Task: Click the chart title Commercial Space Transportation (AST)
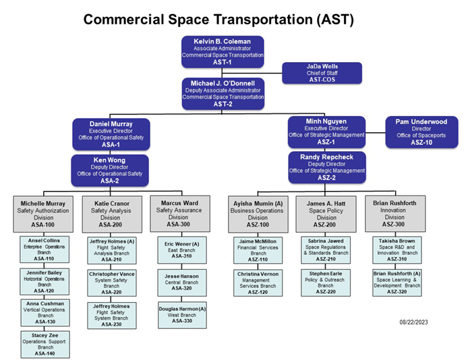pyautogui.click(x=218, y=20)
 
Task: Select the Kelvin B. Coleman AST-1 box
pyautogui.click(x=223, y=52)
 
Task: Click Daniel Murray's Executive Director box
pyautogui.click(x=111, y=134)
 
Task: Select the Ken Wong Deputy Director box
pyautogui.click(x=111, y=170)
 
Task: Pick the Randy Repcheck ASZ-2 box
pyautogui.click(x=326, y=167)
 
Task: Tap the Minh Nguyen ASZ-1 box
pyautogui.click(x=326, y=131)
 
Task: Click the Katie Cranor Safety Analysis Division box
pyautogui.click(x=111, y=214)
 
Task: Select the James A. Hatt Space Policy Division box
pyautogui.click(x=326, y=214)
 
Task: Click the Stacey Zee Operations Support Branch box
pyautogui.click(x=45, y=343)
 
